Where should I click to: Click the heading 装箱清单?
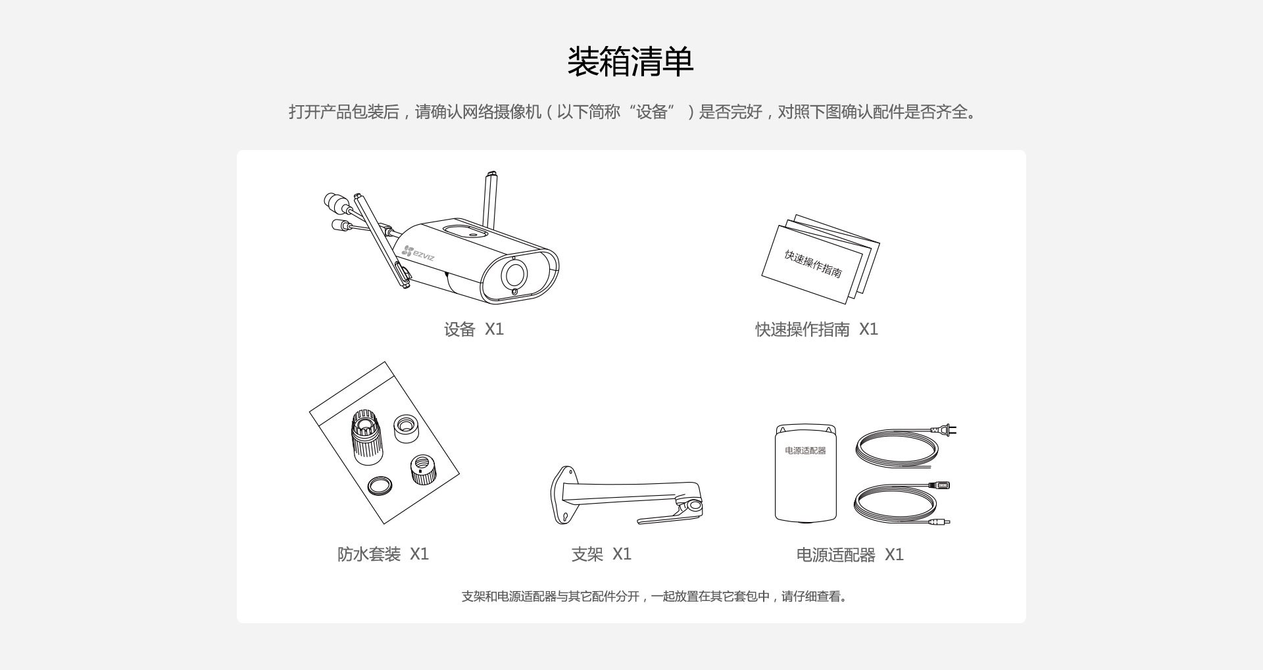pyautogui.click(x=630, y=62)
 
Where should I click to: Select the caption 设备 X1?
pyautogui.click(x=474, y=329)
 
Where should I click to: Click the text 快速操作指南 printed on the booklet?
pyautogui.click(x=813, y=264)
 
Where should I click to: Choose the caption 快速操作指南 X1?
pyautogui.click(x=816, y=329)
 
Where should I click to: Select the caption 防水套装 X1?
pyautogui.click(x=383, y=554)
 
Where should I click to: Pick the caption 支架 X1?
pyautogui.click(x=601, y=554)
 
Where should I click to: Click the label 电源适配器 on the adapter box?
pyautogui.click(x=805, y=450)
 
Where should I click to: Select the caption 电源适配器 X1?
pyautogui.click(x=850, y=555)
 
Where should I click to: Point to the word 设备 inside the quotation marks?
pyautogui.click(x=652, y=112)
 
